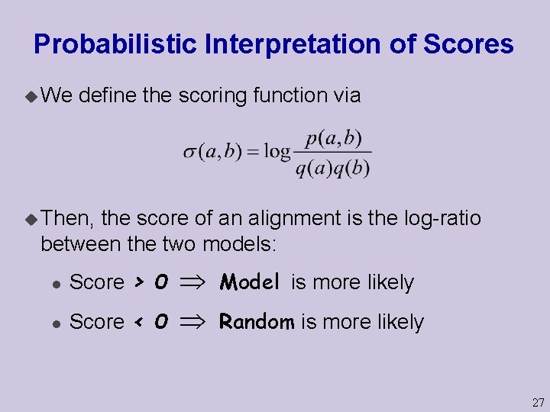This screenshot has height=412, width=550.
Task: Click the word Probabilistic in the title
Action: coord(115,44)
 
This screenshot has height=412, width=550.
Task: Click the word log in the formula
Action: coord(277,151)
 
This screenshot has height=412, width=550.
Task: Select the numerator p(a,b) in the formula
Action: coord(333,139)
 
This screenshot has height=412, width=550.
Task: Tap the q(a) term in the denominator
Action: coord(314,167)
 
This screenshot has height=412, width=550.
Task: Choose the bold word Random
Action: coord(257,322)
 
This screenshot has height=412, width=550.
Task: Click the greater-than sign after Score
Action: coord(138,283)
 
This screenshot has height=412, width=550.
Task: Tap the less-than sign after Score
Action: coord(138,322)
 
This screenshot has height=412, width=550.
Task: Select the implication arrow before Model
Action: coord(194,283)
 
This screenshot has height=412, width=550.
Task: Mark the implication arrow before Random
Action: coord(194,322)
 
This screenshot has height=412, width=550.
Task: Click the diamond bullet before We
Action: coord(31,96)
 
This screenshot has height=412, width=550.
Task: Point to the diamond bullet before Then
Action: coord(31,219)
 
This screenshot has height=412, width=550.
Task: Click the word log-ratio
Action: coord(442,219)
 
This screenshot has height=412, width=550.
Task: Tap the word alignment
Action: coord(288,219)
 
